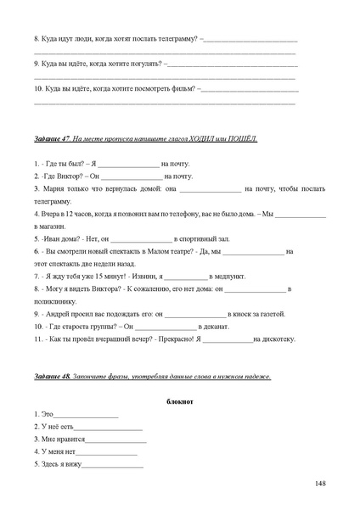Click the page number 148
click(x=320, y=484)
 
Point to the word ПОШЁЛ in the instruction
click(x=241, y=137)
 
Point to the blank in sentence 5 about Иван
click(x=142, y=239)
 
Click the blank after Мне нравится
click(x=116, y=440)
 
